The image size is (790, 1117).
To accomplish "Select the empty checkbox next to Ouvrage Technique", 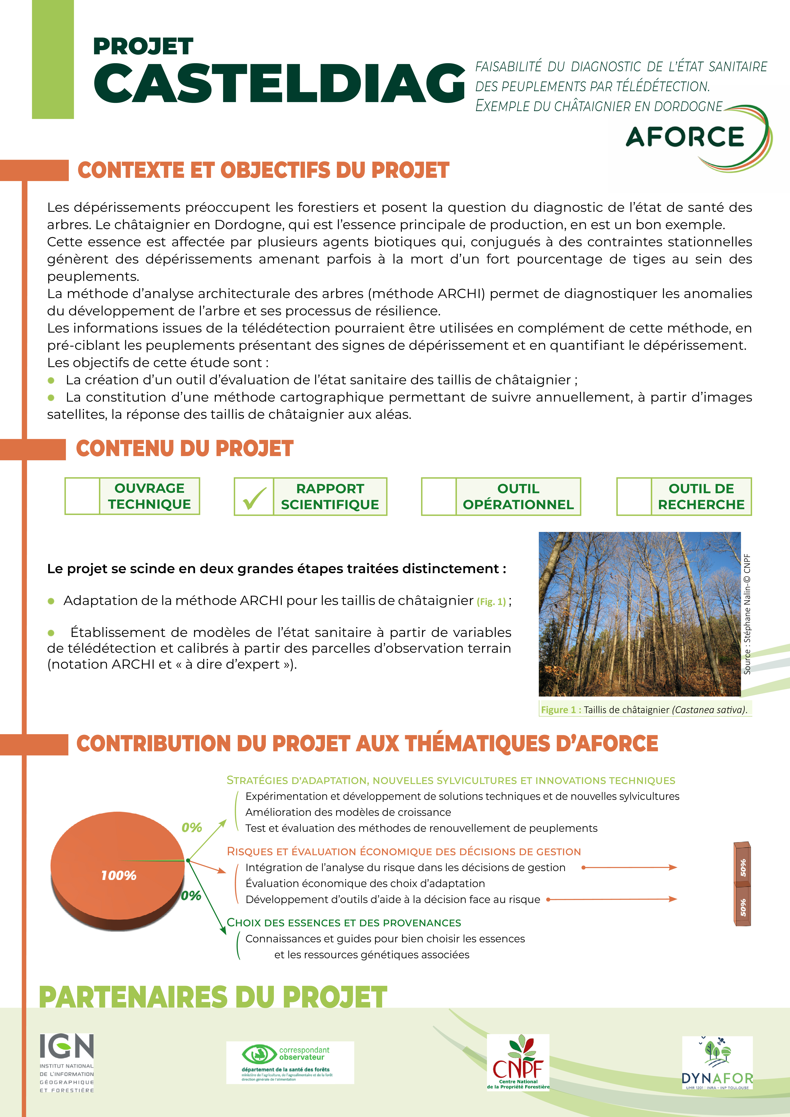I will (x=82, y=496).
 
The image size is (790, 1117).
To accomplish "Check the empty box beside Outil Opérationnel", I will (x=439, y=497).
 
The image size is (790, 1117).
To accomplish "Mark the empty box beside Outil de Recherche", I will (x=634, y=497).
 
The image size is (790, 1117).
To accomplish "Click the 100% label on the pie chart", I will (x=119, y=875).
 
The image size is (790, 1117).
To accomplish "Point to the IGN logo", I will (x=67, y=1063).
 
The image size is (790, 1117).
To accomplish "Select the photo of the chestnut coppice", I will (x=640, y=614).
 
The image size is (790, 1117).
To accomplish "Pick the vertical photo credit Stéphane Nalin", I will (x=747, y=614).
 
